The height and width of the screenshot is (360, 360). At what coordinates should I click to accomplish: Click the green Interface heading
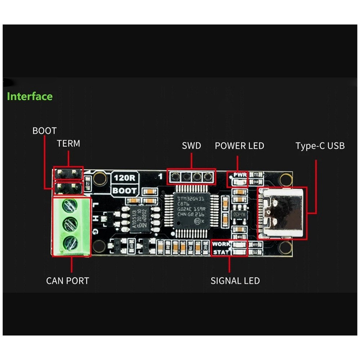30,96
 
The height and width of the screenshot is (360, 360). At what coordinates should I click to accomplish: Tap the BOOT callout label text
44,130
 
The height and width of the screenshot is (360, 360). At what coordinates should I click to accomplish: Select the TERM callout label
68,144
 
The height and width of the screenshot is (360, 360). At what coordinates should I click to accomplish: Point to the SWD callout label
191,146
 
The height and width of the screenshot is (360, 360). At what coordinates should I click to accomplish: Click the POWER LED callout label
239,146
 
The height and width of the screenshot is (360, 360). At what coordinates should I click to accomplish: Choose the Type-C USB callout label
320,146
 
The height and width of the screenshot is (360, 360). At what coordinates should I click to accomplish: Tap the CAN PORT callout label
67,280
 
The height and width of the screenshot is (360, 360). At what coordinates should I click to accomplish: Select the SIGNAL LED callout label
235,281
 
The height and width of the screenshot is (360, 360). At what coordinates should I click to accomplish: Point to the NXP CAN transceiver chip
140,219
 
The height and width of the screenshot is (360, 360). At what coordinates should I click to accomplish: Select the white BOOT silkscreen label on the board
124,191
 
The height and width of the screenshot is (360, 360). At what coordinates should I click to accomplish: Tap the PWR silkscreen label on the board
240,175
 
